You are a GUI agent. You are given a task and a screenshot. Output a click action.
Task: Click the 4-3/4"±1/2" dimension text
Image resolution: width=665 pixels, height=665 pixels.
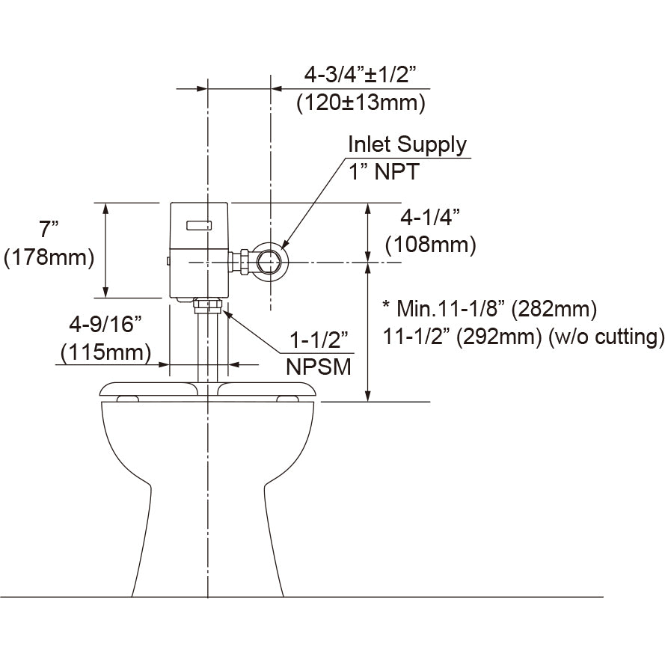click(359, 75)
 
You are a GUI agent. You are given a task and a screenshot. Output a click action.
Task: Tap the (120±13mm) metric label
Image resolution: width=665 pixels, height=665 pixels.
click(361, 102)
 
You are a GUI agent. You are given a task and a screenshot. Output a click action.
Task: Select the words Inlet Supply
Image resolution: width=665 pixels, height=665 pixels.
click(408, 144)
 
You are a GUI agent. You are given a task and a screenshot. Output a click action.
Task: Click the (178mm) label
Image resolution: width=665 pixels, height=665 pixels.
click(49, 257)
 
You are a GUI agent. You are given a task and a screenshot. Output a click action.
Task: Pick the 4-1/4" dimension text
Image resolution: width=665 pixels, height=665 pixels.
click(430, 217)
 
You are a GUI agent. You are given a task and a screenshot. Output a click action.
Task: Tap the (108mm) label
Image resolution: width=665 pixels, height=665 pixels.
click(430, 244)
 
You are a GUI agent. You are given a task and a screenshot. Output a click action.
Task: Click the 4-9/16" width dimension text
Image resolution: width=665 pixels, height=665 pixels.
click(105, 323)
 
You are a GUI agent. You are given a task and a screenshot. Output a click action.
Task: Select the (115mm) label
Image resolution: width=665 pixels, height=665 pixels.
click(105, 351)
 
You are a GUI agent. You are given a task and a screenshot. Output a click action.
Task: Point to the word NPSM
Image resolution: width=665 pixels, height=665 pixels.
click(318, 367)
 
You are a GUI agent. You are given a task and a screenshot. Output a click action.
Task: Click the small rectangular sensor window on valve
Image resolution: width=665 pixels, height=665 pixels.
click(199, 223)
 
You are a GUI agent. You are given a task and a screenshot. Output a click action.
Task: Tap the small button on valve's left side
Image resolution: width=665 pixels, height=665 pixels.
click(169, 261)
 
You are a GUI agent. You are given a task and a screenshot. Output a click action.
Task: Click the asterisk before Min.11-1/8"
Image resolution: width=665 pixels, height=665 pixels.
click(386, 305)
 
